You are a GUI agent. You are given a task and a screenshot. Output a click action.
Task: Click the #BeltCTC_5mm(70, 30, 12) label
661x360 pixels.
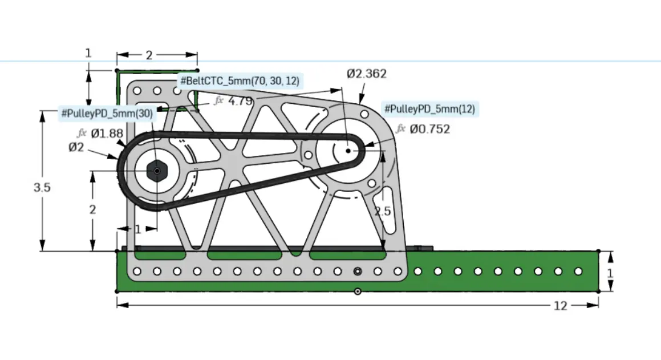coord(240,81)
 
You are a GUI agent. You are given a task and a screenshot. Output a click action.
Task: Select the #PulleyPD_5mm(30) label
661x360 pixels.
coord(108,114)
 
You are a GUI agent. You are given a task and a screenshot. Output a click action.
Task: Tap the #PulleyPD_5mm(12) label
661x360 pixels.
coord(430,109)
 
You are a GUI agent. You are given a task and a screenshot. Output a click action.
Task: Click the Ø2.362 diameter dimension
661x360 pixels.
coord(367,74)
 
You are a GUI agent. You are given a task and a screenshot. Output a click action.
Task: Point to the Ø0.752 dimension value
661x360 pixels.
coord(430,130)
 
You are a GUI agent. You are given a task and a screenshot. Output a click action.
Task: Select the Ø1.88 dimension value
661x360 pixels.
coord(107,134)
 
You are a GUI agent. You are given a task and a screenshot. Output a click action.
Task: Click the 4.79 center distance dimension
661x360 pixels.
coord(240,101)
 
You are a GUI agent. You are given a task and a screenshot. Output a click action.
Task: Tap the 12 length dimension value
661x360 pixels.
coord(560,306)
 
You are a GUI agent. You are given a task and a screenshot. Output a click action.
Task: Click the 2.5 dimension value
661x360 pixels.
coord(382,211)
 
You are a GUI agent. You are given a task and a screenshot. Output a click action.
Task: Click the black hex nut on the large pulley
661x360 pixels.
coord(156,170)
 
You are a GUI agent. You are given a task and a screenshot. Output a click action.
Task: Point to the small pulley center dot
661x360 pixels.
coord(348,151)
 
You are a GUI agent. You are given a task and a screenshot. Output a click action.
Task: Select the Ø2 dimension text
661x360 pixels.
coord(76,148)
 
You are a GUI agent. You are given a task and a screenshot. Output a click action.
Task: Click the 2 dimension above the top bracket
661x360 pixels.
coord(149,55)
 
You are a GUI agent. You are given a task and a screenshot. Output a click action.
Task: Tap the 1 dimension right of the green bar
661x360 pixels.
coord(610,273)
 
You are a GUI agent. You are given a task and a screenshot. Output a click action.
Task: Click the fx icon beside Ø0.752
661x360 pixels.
coord(401,129)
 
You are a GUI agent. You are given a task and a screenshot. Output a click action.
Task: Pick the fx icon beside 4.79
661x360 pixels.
coord(218,101)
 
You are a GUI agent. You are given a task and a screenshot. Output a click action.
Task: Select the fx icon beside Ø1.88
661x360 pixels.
coord(82,134)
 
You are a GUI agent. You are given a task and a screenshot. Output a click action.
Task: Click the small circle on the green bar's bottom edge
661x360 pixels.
coord(357,291)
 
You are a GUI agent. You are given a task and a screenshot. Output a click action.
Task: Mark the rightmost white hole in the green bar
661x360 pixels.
coord(578,271)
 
